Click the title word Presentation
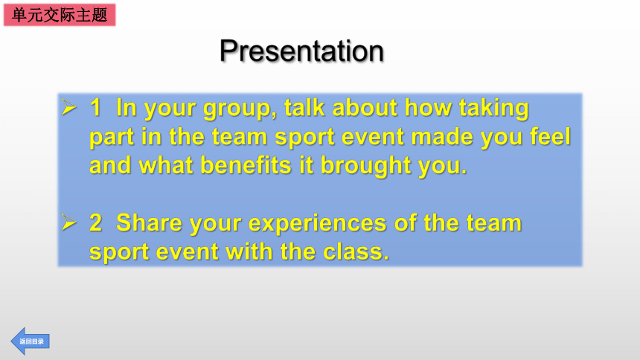click(301, 51)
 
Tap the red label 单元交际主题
click(60, 15)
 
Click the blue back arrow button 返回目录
click(31, 341)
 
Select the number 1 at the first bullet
click(95, 107)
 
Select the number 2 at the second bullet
click(95, 223)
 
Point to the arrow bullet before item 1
click(69, 107)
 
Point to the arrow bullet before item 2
click(69, 222)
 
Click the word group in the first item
click(240, 109)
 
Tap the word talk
click(304, 107)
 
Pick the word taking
click(494, 109)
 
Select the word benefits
click(246, 165)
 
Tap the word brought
click(365, 167)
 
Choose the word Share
click(149, 223)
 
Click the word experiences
click(317, 225)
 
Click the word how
click(428, 107)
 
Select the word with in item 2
click(249, 251)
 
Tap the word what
click(166, 165)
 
